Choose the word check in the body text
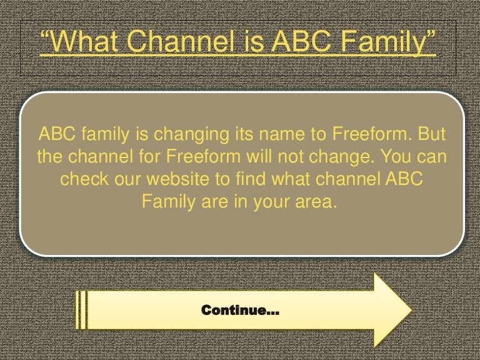click(x=82, y=179)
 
